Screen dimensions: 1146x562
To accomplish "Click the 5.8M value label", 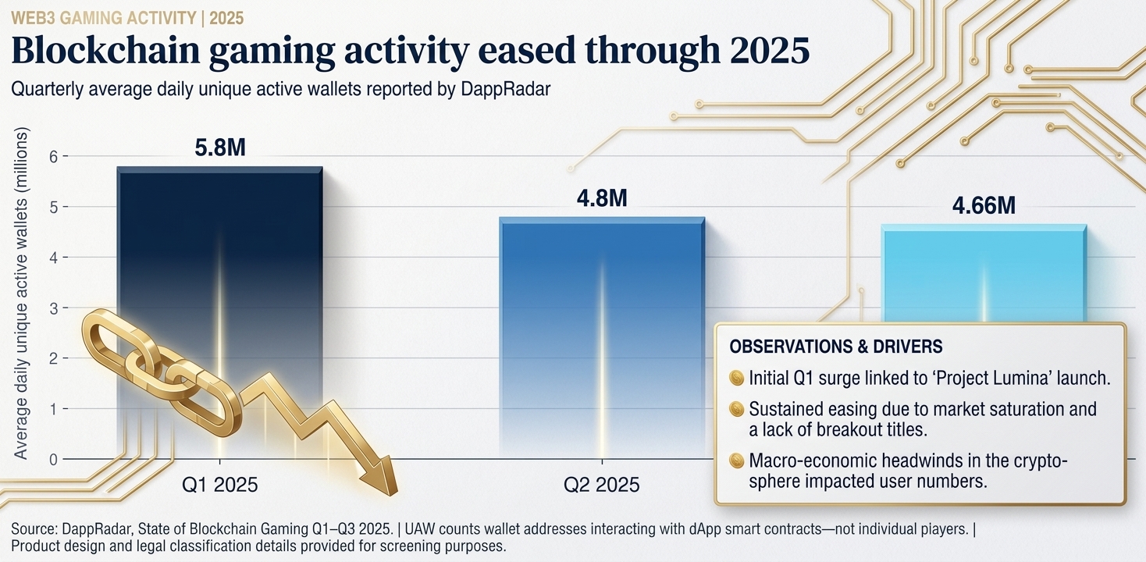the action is (220, 148).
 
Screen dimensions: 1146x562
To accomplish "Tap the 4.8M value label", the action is (602, 198).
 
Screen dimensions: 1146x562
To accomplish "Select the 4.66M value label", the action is (984, 205).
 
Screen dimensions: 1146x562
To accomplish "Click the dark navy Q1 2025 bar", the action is (220, 312).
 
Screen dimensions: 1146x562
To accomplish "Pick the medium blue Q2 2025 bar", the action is (602, 337).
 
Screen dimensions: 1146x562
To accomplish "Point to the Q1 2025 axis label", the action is (220, 484).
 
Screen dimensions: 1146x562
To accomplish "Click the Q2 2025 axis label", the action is (602, 484).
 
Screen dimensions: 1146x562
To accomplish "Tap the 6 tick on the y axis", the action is (53, 156).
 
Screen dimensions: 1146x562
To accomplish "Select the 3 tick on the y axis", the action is (53, 308).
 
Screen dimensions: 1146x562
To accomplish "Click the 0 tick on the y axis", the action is (53, 459).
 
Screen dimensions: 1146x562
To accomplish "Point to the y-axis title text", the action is (20, 293).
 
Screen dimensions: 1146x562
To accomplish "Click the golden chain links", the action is (162, 372).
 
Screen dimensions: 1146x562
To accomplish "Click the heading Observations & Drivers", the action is (836, 347).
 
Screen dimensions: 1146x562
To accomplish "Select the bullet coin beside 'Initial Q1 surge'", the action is (736, 378).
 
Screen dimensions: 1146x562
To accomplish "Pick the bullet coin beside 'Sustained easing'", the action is (736, 409).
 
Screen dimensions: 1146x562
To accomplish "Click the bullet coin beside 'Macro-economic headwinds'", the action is (736, 461).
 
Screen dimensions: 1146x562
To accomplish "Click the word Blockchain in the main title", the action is (105, 50).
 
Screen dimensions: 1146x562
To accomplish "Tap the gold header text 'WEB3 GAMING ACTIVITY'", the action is (104, 19).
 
